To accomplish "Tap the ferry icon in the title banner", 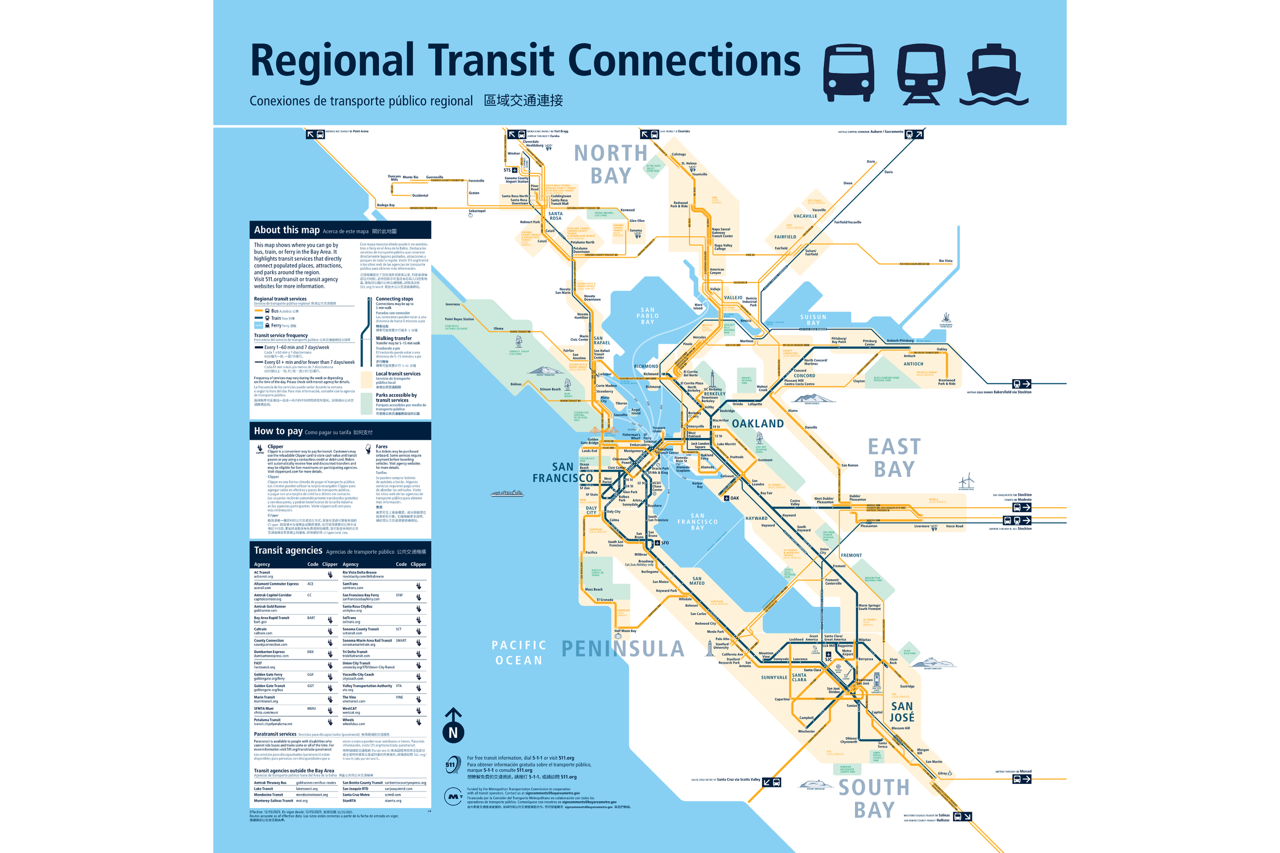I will pos(993,75).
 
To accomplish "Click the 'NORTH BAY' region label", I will pos(611,164).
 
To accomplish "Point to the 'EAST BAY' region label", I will pos(894,458).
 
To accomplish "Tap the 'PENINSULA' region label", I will pos(623,648).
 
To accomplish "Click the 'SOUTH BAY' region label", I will pos(873,798).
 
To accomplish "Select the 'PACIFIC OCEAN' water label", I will pos(519,652).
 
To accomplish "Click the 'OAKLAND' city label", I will pos(758,424).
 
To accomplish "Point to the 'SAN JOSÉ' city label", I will pos(902,712).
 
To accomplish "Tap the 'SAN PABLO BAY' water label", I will pos(648,316).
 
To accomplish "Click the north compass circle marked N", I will pos(453,732).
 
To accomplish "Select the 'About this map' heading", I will pos(287,230).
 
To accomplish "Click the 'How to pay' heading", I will pos(278,431).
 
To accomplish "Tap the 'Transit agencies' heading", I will pos(288,551).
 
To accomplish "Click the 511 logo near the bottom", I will pos(452,764).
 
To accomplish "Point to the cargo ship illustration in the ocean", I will pos(507,493).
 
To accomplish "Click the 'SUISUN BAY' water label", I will pos(813,320).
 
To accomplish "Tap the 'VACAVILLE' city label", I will pos(805,216).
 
